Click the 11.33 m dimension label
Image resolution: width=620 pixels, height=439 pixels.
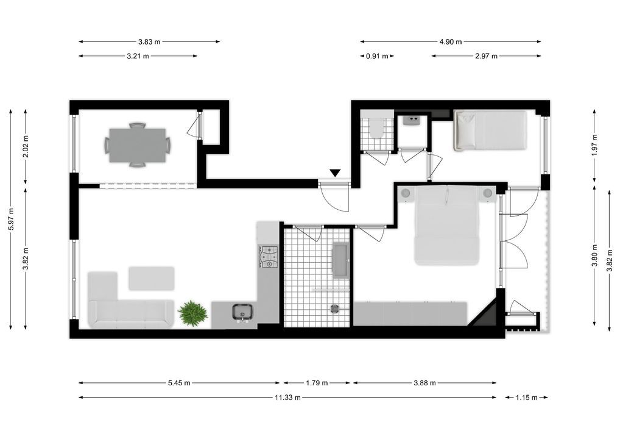coord(287,398)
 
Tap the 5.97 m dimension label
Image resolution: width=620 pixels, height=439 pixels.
coord(11,220)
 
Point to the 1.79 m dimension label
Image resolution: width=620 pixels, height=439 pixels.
coord(317,383)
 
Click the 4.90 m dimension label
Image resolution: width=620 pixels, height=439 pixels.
coord(450,41)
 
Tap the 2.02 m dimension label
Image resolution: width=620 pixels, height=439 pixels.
coord(26,146)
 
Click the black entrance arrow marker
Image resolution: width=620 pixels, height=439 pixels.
coord(335,173)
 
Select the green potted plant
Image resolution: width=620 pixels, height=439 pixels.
coord(192,313)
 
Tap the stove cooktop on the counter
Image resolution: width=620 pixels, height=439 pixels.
coord(268,257)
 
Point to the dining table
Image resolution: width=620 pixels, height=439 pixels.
coord(137,145)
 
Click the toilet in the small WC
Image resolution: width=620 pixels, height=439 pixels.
coord(376,128)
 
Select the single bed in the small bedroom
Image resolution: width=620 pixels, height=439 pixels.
coord(490,130)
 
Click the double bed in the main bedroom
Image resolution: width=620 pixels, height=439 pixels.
coord(447,226)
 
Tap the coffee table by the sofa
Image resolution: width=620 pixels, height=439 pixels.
coord(151,278)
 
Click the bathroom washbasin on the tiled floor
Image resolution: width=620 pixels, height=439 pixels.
coord(340,261)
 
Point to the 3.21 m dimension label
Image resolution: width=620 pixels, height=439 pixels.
coord(138,56)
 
